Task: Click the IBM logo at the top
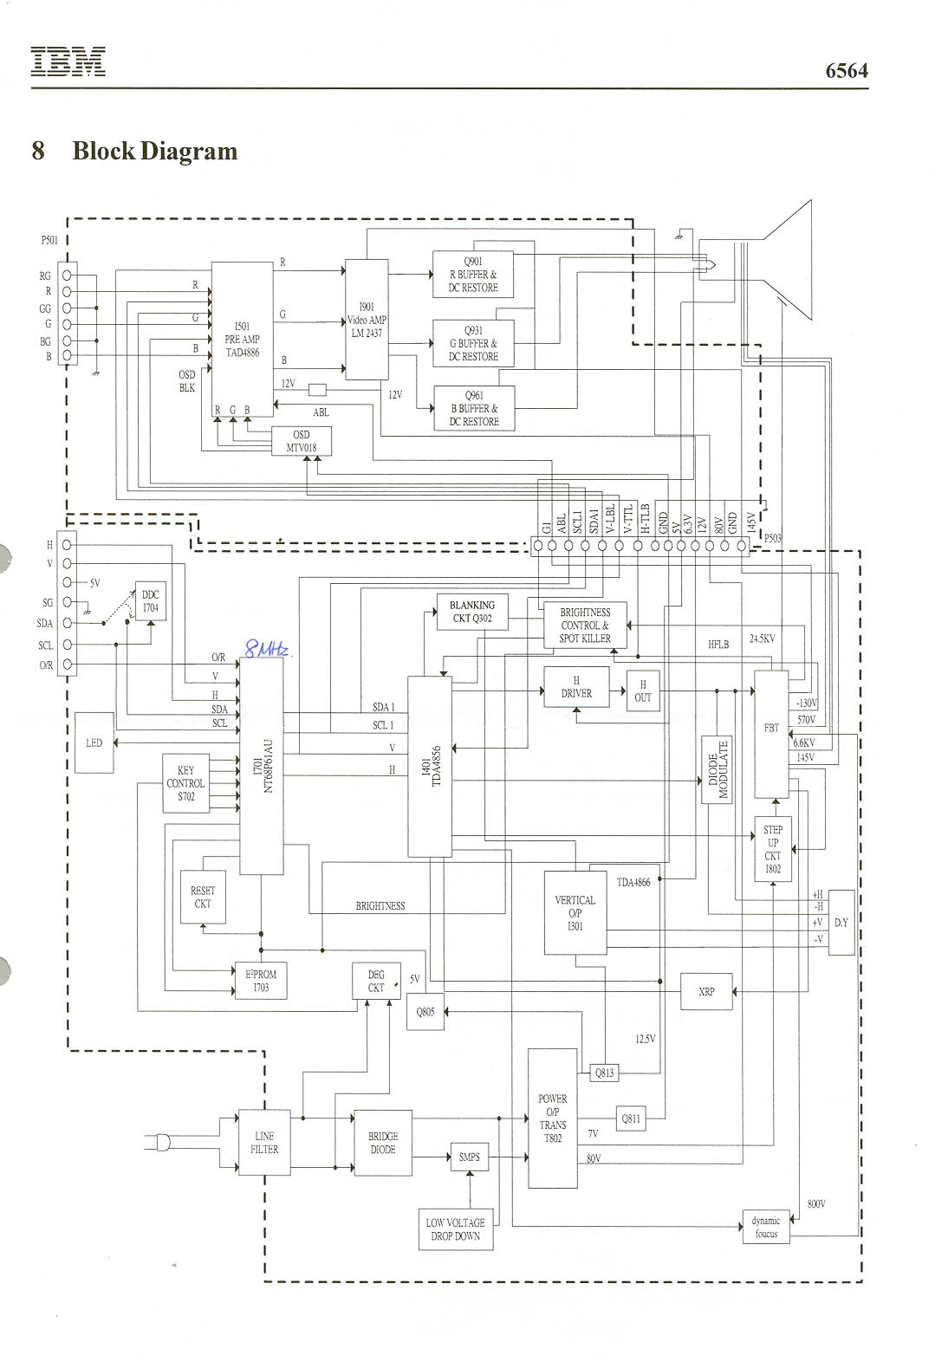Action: coord(68,62)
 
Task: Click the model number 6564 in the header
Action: coord(846,71)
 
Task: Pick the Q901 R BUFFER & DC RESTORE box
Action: coord(473,275)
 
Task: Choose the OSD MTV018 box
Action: coord(301,442)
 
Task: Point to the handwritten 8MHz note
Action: coord(265,649)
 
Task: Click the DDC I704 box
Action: coord(151,601)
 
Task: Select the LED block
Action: coord(94,742)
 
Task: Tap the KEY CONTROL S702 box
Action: coord(186,783)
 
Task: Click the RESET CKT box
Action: coord(203,898)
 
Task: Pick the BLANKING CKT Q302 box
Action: coord(472,612)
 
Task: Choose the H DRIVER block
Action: coord(576,687)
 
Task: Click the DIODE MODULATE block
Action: coord(717,769)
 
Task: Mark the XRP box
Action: coord(706,991)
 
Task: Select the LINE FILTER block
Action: coord(264,1143)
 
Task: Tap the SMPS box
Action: coord(469,1157)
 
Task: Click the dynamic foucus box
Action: coord(766,1227)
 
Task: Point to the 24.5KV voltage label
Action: coord(762,639)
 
